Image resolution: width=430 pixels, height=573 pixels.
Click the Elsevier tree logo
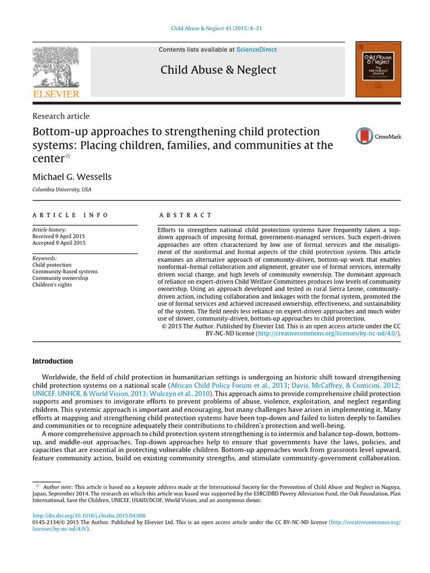click(x=55, y=66)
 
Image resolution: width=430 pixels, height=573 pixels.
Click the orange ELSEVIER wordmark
click(x=55, y=94)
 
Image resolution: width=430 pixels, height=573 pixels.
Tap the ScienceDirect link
click(x=256, y=50)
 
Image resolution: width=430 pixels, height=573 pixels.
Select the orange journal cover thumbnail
click(x=378, y=69)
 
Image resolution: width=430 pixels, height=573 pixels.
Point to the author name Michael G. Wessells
click(x=72, y=177)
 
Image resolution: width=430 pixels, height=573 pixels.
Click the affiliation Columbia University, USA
click(x=62, y=190)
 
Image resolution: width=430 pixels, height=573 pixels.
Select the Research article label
click(x=60, y=116)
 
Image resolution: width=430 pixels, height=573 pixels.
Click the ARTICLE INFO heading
click(x=70, y=215)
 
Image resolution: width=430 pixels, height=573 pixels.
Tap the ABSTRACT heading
click(x=186, y=215)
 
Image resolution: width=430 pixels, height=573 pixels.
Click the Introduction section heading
click(x=53, y=361)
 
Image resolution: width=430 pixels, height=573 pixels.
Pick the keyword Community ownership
click(x=60, y=278)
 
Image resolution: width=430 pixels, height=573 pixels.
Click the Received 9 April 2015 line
click(x=59, y=236)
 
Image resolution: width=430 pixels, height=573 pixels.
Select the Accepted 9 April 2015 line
click(x=59, y=243)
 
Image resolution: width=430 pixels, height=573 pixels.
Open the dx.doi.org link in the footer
click(x=89, y=515)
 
